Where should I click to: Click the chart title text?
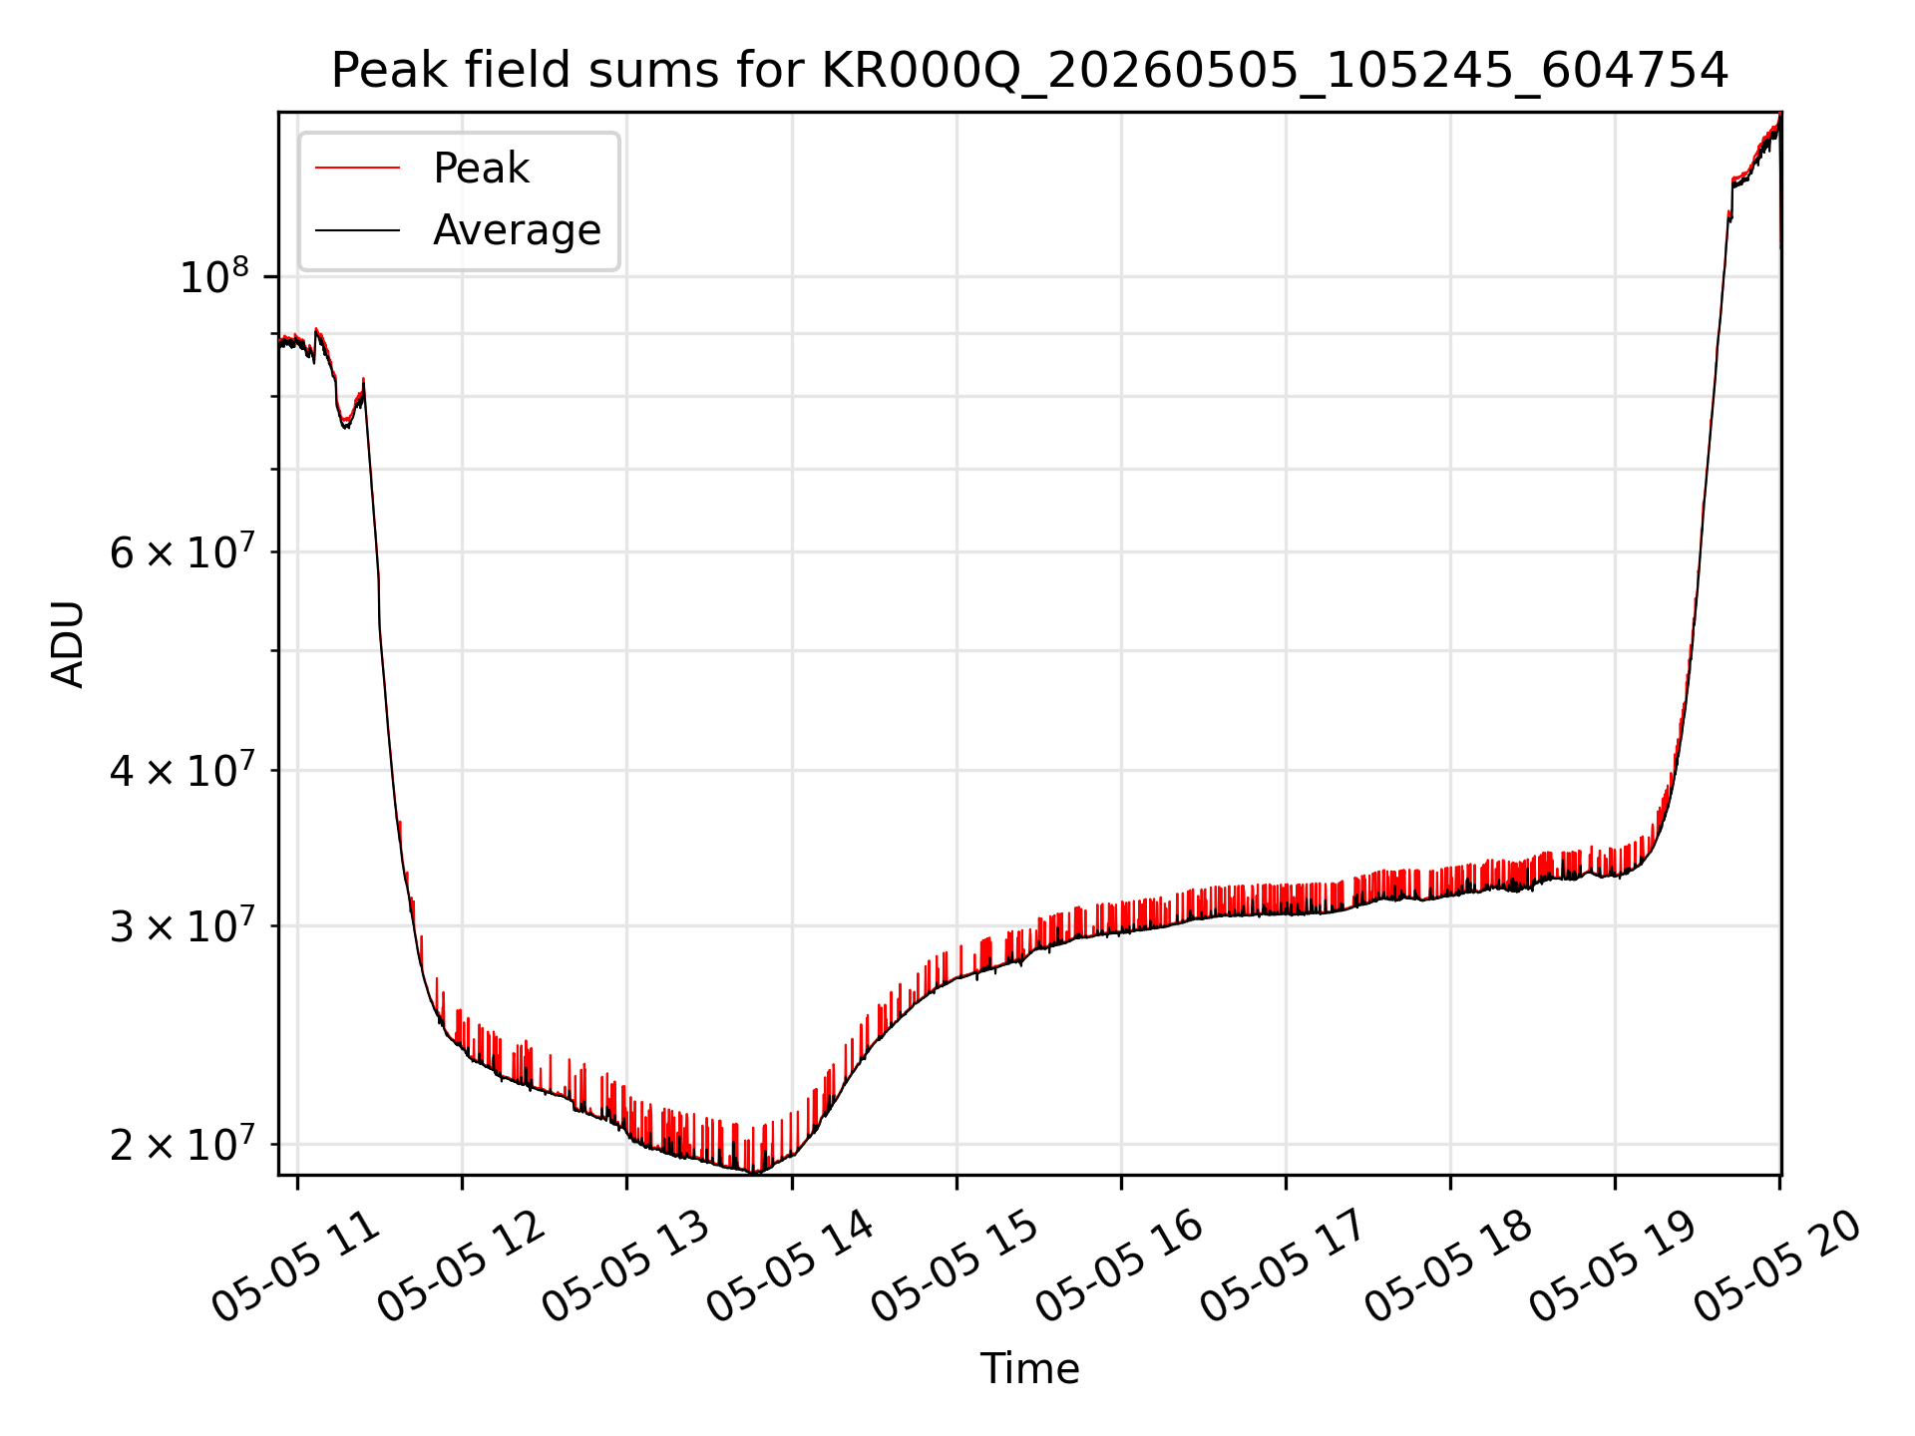(1029, 71)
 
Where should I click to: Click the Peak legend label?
(481, 168)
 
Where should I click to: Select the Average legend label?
(517, 230)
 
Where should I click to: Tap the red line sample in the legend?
(357, 168)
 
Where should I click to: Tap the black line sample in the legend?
(357, 230)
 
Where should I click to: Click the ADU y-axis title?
(68, 643)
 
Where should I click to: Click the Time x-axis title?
(1029, 1368)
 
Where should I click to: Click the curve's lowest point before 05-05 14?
(754, 1173)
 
